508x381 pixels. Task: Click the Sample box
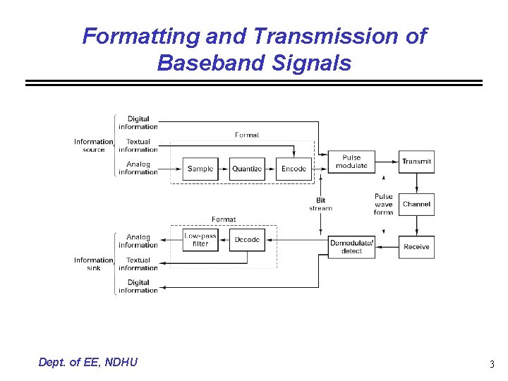pos(200,169)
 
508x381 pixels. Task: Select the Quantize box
pos(247,169)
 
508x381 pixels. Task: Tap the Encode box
pos(294,169)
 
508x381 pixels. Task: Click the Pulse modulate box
pos(351,162)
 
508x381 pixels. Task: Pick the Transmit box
pos(416,162)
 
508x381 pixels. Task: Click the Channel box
pos(416,205)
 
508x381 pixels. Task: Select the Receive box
pos(416,247)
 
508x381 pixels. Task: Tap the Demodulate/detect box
pos(351,247)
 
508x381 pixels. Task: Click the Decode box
pos(247,240)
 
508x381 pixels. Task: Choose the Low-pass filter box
pos(200,240)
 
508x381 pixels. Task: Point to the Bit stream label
pos(320,204)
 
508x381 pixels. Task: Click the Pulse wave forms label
pos(383,204)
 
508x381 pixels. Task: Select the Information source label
pos(93,145)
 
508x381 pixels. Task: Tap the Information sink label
pos(93,264)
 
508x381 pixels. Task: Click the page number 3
pos(491,364)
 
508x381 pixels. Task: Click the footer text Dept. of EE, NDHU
pos(88,362)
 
